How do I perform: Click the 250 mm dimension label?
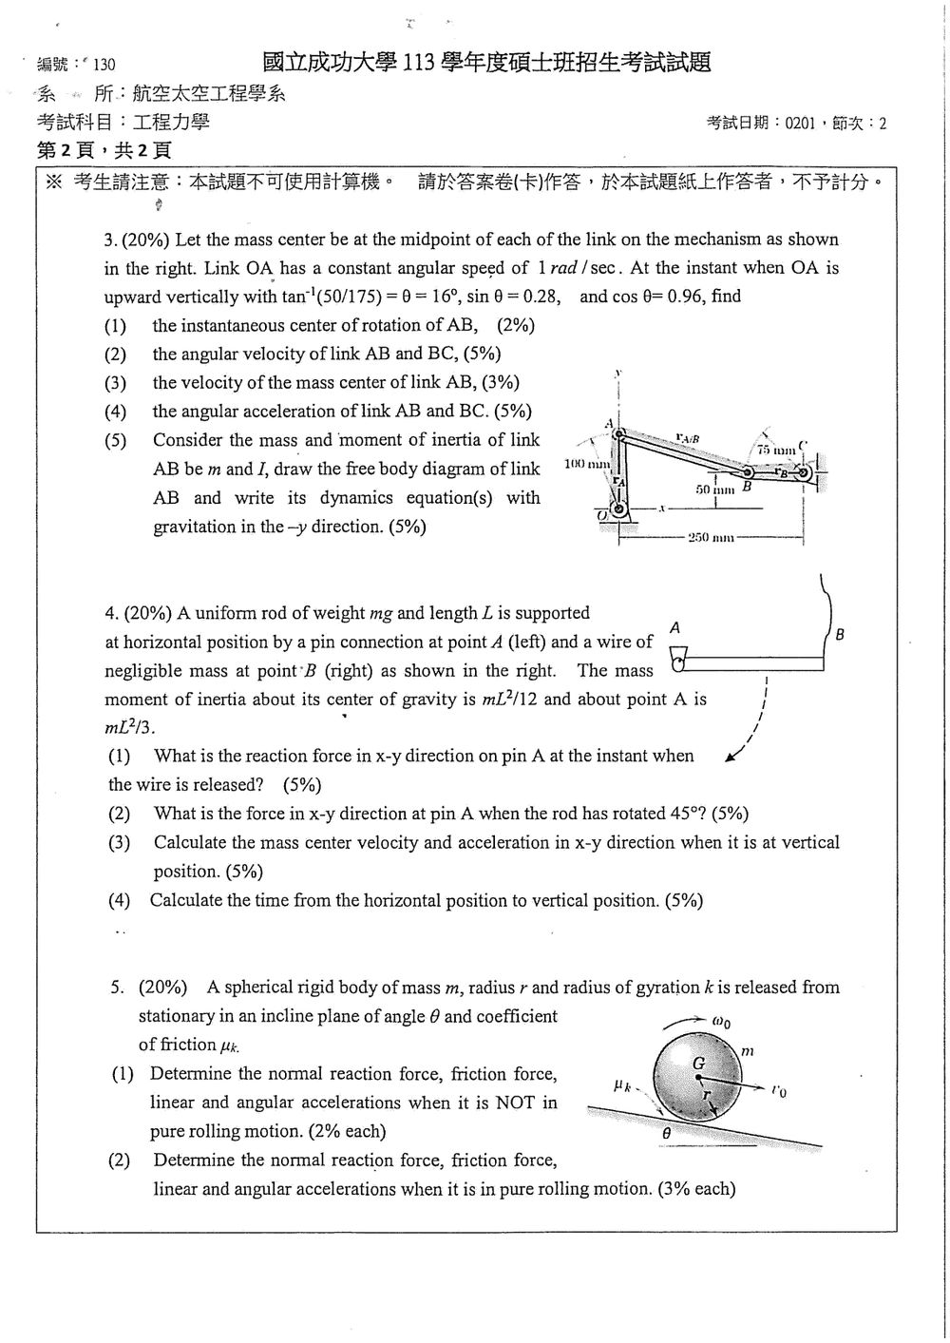coord(711,537)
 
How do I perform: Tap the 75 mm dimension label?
coord(776,450)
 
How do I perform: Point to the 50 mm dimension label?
coord(714,489)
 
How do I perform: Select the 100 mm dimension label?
coord(587,464)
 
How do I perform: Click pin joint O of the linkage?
coord(618,511)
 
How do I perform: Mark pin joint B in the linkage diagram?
coord(749,472)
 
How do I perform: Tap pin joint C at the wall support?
coord(805,473)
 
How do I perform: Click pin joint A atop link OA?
coord(619,433)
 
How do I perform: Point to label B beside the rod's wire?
coord(840,634)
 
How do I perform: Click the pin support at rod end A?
coord(678,660)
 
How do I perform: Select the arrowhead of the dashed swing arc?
coord(730,758)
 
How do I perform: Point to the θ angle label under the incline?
coord(667,1133)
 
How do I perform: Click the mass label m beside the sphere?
coord(748,1051)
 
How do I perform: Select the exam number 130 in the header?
coord(104,64)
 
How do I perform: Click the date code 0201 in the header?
coord(800,124)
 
